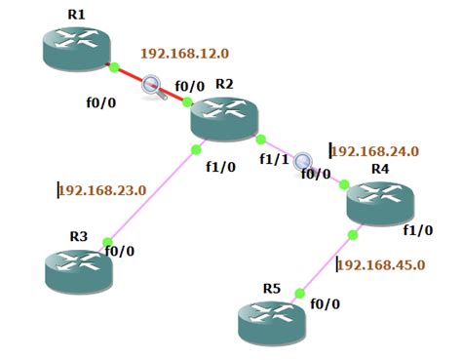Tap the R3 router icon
(x=79, y=268)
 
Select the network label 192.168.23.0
(x=103, y=190)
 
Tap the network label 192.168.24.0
(x=375, y=151)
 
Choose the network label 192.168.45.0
(x=381, y=264)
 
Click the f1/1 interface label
(x=274, y=159)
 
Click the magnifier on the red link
(x=153, y=87)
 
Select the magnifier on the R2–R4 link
(x=304, y=162)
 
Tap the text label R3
(x=78, y=236)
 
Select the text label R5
(x=272, y=289)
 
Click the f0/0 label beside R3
(x=119, y=251)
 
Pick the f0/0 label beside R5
(x=326, y=303)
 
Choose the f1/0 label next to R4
(x=417, y=231)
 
